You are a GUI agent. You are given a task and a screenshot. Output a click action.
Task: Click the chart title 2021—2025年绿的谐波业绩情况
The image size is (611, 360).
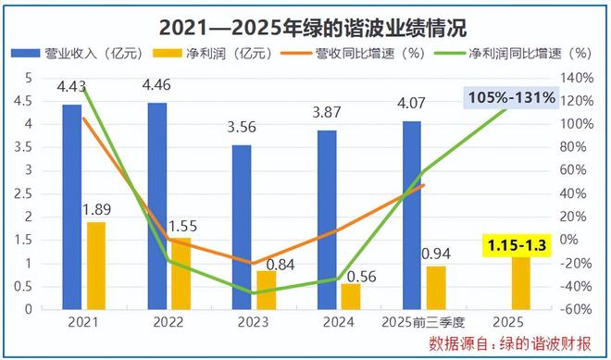[x=305, y=25]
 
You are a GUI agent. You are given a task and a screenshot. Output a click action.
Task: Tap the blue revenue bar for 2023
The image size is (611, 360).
[x=242, y=227]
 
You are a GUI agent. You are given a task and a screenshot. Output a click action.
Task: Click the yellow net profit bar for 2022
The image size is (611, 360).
[x=181, y=273]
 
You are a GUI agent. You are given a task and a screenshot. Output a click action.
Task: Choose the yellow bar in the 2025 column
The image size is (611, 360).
[x=521, y=282]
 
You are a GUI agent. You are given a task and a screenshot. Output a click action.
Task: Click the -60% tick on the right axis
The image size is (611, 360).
[x=578, y=310]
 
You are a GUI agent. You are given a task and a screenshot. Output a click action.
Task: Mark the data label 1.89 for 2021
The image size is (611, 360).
[x=95, y=208]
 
